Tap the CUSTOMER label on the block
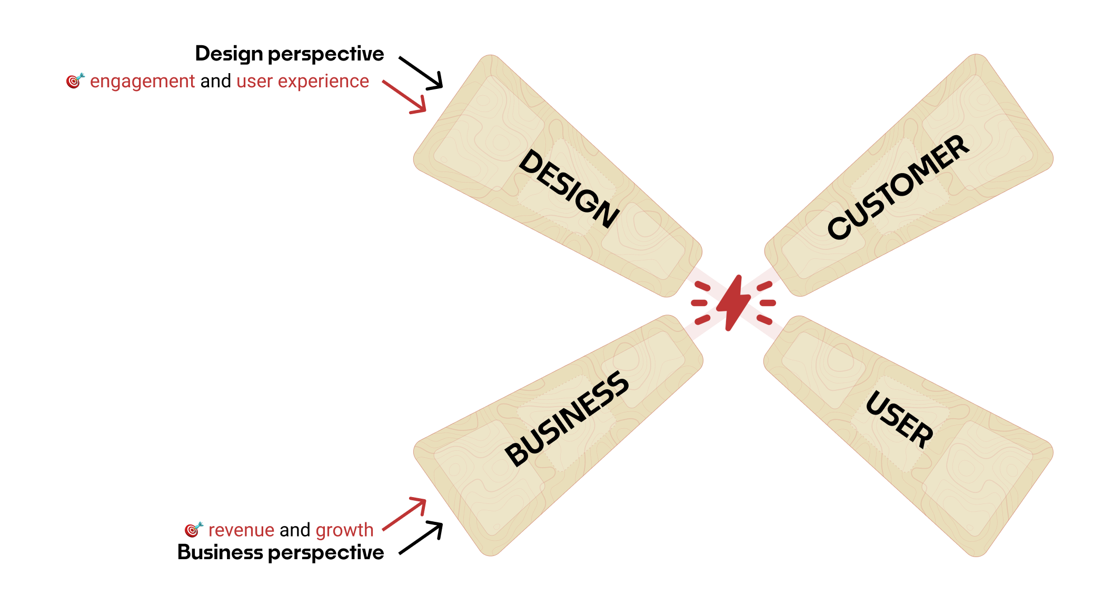coord(898,187)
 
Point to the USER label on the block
coord(899,419)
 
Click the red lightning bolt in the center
coord(733,303)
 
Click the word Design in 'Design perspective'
coord(229,54)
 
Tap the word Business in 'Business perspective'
coord(220,553)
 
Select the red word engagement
coord(142,82)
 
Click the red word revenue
coord(241,530)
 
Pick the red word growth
coord(344,530)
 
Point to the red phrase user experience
coord(303,82)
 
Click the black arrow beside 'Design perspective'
coord(421,73)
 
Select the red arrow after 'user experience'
coord(405,97)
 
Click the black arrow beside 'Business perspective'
coord(421,538)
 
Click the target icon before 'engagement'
coord(75,81)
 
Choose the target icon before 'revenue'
coord(193,529)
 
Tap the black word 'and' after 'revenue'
coord(295,530)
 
